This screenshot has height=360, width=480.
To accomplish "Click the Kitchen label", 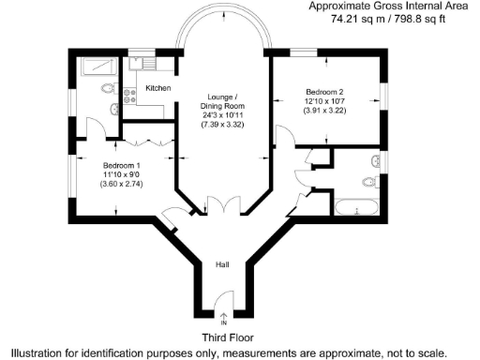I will click(157, 88).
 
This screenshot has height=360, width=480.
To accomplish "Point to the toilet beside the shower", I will click(107, 89).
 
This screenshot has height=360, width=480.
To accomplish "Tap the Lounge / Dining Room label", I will click(223, 102).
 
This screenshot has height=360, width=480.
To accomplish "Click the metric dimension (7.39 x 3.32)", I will click(223, 123).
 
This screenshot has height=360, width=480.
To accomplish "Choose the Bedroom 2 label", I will click(324, 92).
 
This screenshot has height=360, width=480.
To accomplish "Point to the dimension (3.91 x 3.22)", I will click(324, 112).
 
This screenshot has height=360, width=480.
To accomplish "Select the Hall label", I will click(222, 265).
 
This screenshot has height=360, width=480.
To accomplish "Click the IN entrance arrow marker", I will click(223, 319).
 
